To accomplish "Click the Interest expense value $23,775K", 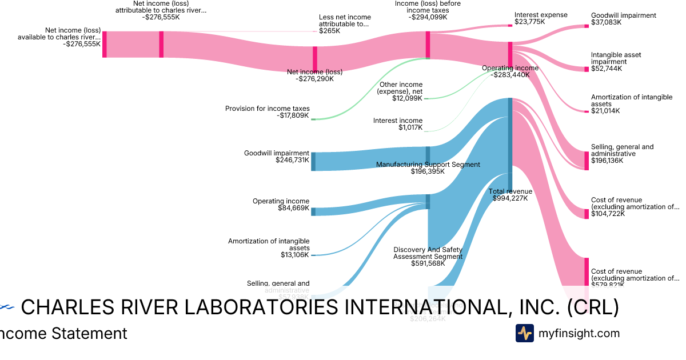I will point(530,22).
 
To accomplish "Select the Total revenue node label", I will point(510,191).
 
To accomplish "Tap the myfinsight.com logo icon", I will point(524,333).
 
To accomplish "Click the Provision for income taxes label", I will point(267,109).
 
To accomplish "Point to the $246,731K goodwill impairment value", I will point(292,161).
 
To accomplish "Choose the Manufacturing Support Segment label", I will point(428,165).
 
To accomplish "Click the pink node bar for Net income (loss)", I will point(314,58).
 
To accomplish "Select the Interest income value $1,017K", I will point(410,127).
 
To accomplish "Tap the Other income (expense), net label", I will point(401,88).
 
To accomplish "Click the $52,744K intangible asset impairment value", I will point(607,69).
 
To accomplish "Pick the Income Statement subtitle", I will point(63,333).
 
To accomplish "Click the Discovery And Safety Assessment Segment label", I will point(428,253).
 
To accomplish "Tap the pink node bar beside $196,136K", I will point(586,161).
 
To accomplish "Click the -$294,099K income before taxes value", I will point(428,17).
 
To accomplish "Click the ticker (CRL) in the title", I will point(592,308).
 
